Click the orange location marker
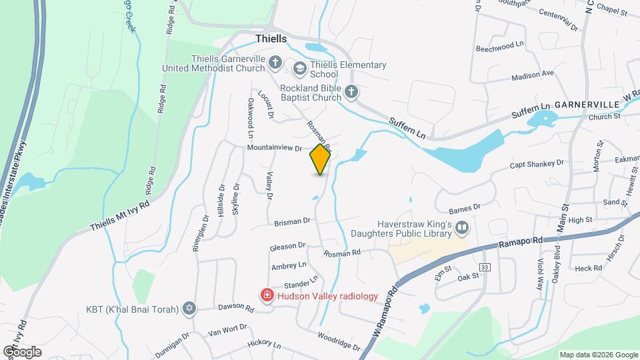321,159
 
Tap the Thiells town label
271,39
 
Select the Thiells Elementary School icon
299,68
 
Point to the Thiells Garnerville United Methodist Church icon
275,63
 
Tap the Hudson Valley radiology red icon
266,295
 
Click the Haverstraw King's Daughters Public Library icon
461,229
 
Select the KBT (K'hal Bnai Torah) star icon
189,309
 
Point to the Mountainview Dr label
275,148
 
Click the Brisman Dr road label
293,221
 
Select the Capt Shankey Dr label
537,163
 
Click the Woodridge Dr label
339,341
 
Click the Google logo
22,351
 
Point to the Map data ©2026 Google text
598,355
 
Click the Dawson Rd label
236,309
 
